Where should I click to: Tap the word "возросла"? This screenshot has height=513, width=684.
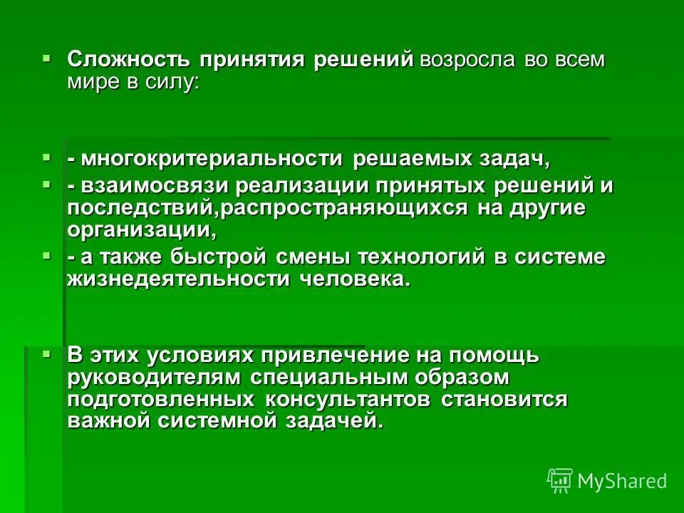click(x=467, y=59)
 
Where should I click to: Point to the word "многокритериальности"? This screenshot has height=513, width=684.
click(x=212, y=159)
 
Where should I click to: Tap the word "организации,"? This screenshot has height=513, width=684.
click(x=141, y=230)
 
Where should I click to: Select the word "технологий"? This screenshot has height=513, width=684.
click(x=435, y=257)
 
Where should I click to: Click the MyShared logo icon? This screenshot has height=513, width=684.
click(x=559, y=481)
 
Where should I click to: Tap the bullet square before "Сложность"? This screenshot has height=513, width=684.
click(x=47, y=55)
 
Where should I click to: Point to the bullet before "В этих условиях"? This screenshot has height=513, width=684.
click(x=47, y=352)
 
